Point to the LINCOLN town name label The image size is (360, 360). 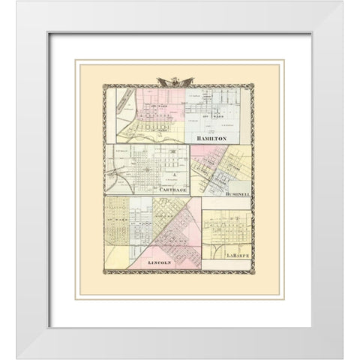(x=160, y=263)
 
